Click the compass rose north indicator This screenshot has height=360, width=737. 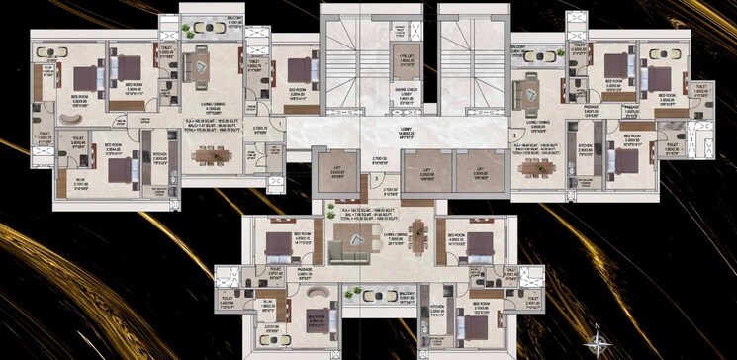click(599, 342)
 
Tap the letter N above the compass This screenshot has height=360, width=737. click(599, 324)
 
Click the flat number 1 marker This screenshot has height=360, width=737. click(281, 124)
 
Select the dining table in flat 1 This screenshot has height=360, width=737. click(209, 154)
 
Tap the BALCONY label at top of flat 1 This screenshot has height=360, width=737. click(205, 24)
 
